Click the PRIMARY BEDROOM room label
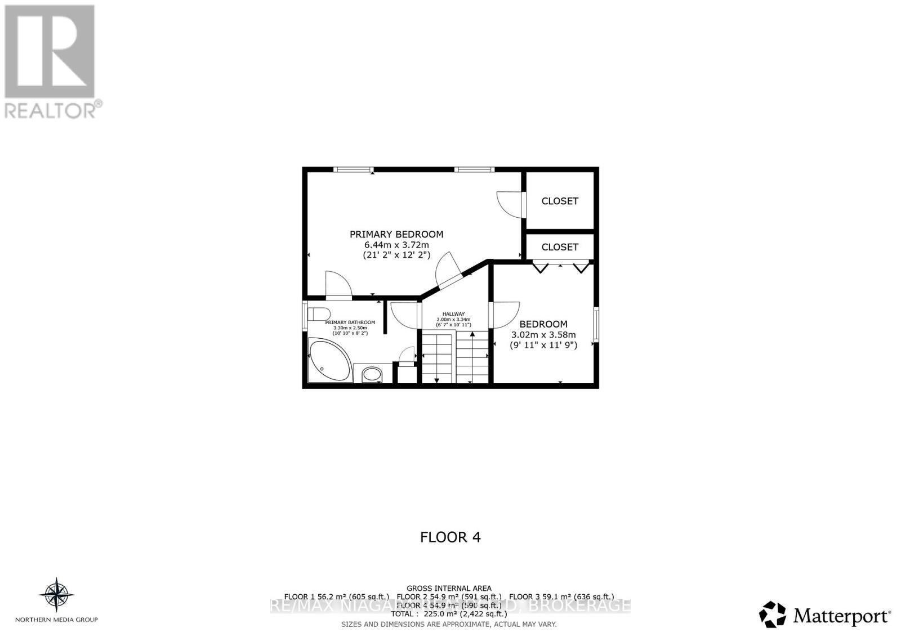pos(396,234)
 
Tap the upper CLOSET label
pos(560,201)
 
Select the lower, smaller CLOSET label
pos(560,247)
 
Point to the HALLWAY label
pos(453,314)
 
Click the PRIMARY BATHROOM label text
pos(350,322)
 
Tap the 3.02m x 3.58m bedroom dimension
pos(543,335)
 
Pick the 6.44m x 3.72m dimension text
pos(396,245)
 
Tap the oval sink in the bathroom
pos(371,374)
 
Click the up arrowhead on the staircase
pos(472,334)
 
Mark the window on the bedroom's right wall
pos(596,324)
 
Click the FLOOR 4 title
pos(450,537)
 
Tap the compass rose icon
pos(56,594)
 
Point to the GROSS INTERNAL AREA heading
pos(449,588)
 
